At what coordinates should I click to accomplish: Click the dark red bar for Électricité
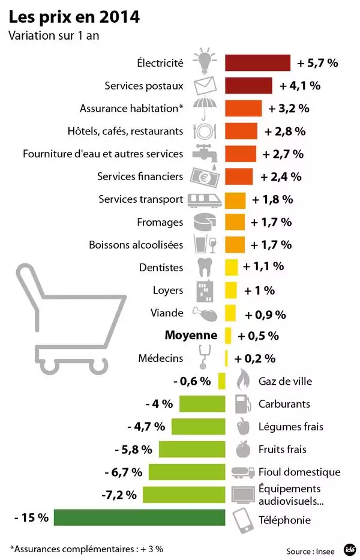click(257, 62)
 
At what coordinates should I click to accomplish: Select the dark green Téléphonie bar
click(139, 518)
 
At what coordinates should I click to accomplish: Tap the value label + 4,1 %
click(299, 85)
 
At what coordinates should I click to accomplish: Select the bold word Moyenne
click(191, 335)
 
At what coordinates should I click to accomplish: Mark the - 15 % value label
click(31, 517)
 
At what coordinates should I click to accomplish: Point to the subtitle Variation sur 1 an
click(53, 35)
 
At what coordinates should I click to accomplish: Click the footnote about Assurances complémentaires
click(86, 548)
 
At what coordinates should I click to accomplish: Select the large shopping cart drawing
click(66, 318)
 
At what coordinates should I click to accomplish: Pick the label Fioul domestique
click(299, 472)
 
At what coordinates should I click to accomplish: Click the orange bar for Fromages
click(235, 222)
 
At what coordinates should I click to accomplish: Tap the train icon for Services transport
click(204, 199)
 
